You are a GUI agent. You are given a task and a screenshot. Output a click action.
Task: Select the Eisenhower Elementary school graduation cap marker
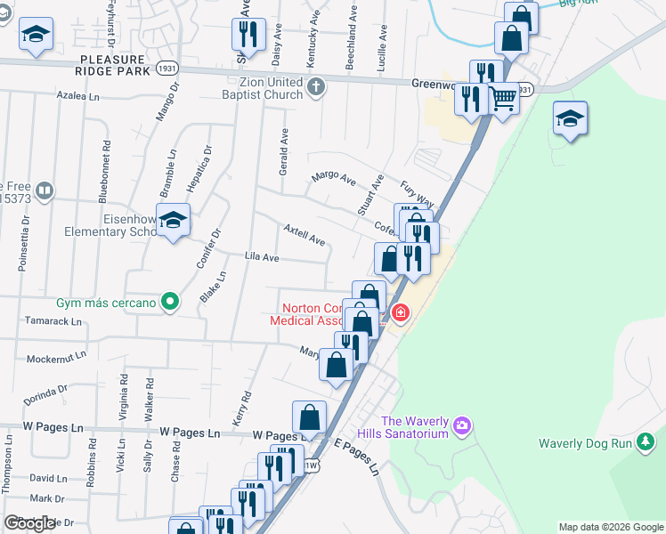[175, 220]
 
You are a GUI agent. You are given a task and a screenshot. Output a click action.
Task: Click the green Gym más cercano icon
[167, 303]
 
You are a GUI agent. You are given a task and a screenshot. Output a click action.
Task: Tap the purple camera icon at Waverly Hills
[461, 426]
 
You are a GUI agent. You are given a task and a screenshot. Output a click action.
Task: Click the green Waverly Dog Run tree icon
[647, 442]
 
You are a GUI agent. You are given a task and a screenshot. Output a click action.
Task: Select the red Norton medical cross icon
[400, 312]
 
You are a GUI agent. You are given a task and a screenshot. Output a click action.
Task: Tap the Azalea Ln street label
[77, 94]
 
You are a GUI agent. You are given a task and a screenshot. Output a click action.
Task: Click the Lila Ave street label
[263, 257]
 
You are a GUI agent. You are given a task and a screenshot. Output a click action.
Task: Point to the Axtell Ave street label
[304, 234]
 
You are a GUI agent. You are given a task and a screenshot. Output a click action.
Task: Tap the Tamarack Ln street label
[53, 320]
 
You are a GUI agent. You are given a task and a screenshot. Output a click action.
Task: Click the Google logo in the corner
[29, 523]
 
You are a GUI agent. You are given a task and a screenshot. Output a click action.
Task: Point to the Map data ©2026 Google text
[610, 527]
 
